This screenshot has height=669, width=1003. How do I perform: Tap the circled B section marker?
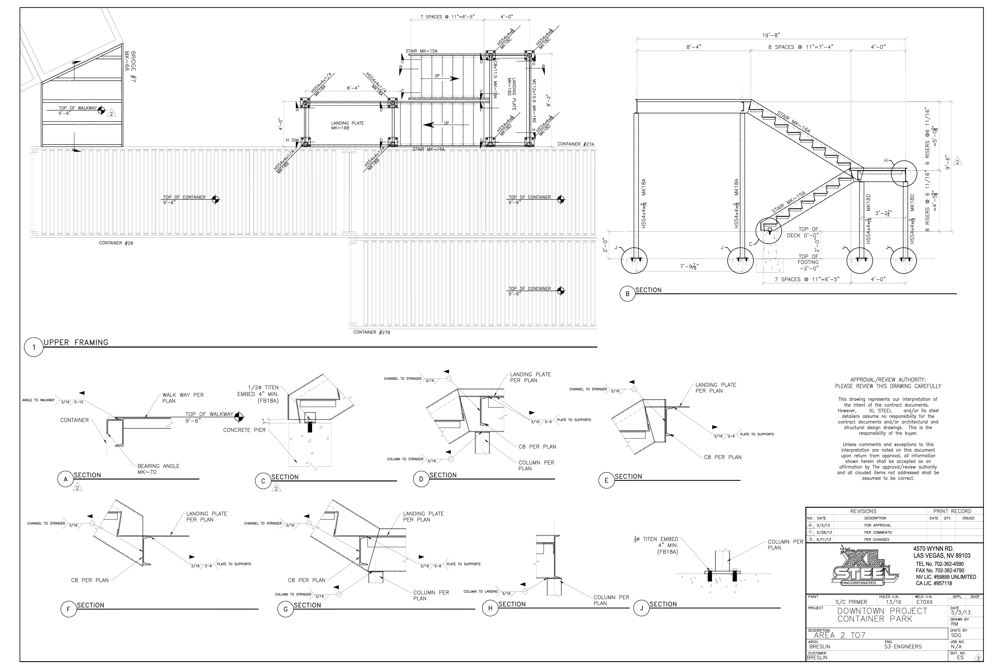tap(627, 294)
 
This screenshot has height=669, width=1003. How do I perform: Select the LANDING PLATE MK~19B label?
tap(348, 125)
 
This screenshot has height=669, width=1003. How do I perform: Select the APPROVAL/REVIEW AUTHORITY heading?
tap(888, 380)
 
